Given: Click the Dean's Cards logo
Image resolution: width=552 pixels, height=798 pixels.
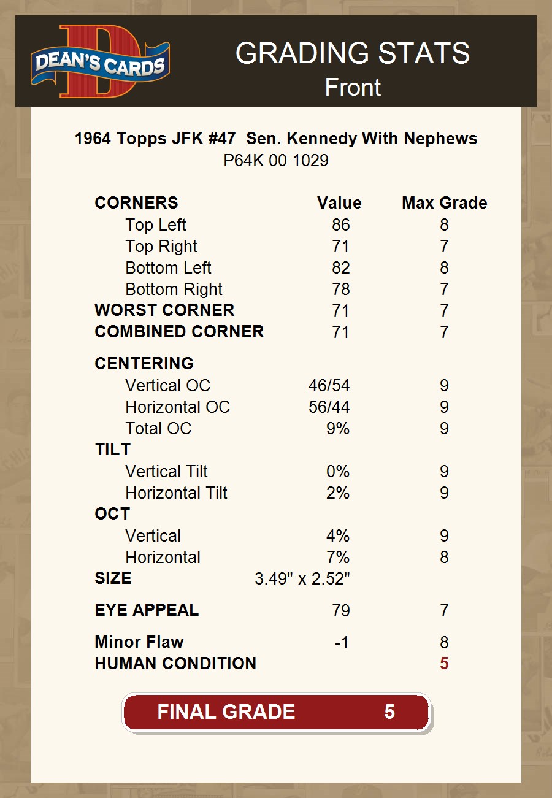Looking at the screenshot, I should point(100,61).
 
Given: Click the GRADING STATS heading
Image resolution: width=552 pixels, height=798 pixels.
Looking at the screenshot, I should point(353,53).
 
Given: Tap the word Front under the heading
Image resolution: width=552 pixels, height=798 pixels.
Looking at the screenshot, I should point(353,88).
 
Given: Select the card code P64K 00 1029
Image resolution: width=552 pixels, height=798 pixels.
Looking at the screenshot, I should point(276,161).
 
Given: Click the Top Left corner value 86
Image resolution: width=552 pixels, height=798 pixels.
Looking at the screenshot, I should point(340,225).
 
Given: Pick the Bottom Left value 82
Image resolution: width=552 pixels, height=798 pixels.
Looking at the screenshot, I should point(340,268).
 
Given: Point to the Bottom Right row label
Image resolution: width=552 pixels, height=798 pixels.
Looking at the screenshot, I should point(174,290).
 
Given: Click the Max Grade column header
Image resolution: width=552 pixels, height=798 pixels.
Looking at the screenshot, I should point(444,203).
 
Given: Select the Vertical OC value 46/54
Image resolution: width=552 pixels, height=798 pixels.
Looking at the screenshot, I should point(329,386).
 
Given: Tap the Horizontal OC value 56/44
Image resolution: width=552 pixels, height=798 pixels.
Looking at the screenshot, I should point(329,407).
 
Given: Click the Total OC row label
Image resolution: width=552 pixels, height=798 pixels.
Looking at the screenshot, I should point(158,429).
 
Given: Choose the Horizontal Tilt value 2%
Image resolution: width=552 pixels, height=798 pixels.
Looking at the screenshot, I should point(337,493).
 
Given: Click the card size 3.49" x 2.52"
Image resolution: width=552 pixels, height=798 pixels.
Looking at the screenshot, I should point(302,579).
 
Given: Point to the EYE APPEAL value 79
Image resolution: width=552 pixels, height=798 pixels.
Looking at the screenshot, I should point(340,611).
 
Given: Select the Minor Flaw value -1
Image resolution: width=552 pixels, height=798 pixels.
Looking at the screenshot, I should point(342,643).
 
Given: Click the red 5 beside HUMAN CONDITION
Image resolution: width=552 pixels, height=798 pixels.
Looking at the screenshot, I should point(444,664).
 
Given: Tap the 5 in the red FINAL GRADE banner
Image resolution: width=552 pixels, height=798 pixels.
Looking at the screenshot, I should point(389,712).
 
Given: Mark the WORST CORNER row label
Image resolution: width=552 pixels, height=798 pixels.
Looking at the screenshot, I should point(164,310).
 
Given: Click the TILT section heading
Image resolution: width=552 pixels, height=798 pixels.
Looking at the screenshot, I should point(112,450).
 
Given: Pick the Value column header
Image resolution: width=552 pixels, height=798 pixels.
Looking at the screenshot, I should point(339,203).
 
